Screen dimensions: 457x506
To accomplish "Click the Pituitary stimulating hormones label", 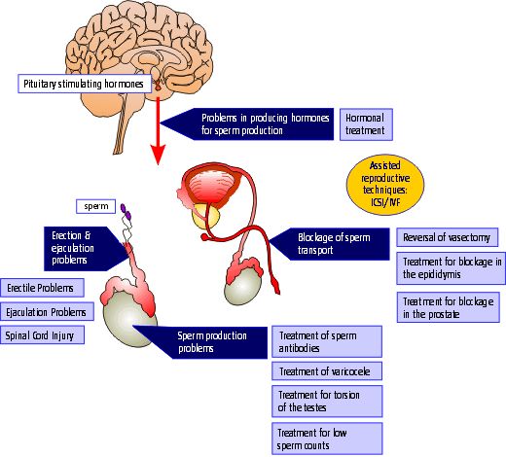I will pyautogui.click(x=83, y=85).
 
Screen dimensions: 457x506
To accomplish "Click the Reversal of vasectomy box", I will pyautogui.click(x=449, y=237).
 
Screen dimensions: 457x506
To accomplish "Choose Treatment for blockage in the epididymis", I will pyautogui.click(x=449, y=267).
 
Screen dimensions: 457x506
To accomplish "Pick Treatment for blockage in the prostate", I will pyautogui.click(x=449, y=306).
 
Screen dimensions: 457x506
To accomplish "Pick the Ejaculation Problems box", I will pyautogui.click(x=48, y=311).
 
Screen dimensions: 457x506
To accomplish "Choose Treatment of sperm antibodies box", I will pyautogui.click(x=326, y=340).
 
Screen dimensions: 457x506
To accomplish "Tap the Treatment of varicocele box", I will pyautogui.click(x=326, y=370).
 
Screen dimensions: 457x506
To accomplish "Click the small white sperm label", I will pyautogui.click(x=95, y=207).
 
